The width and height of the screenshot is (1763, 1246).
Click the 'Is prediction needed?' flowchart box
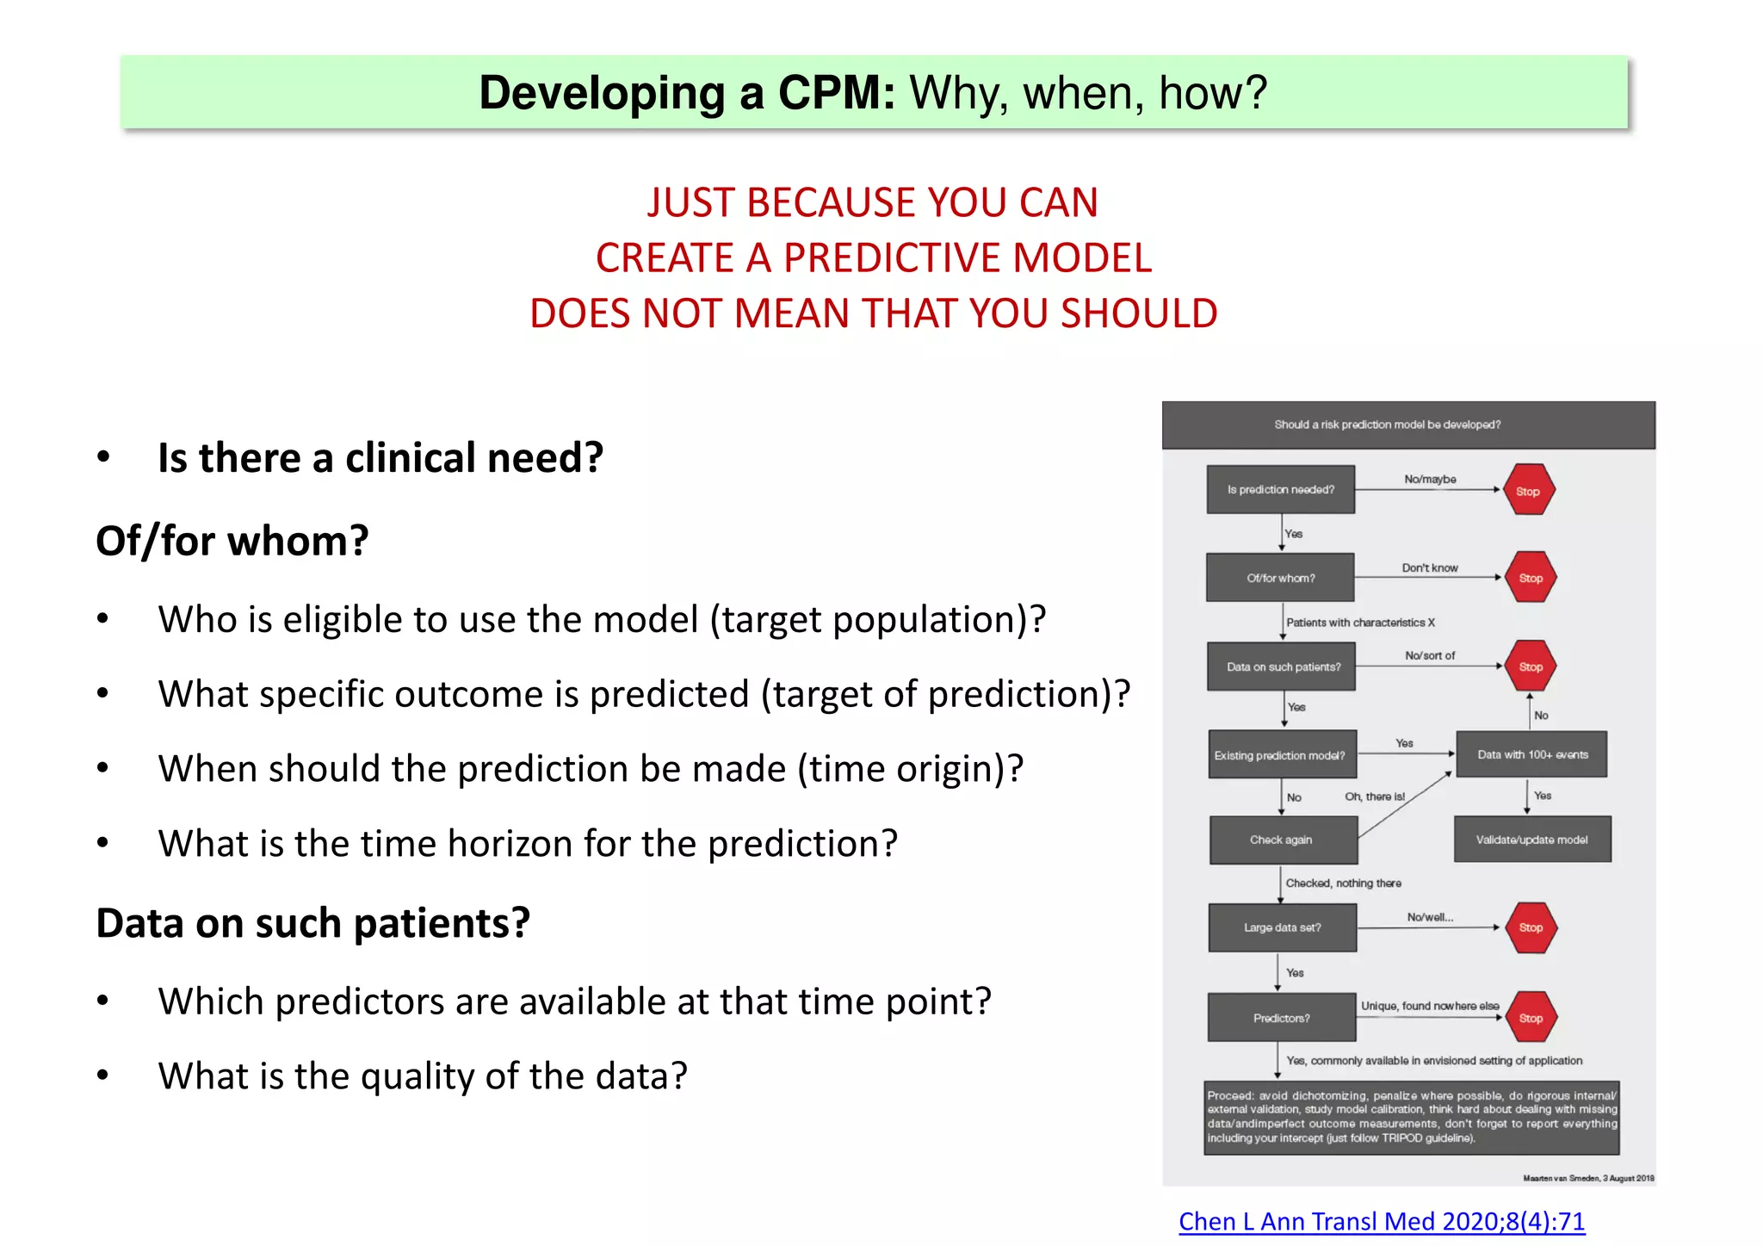pos(1280,489)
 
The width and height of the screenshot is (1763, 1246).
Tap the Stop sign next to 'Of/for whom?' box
pos(1530,578)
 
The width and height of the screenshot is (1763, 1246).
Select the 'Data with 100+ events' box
pos(1531,754)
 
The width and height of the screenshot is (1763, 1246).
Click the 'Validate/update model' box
pos(1531,840)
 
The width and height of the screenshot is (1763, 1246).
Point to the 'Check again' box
pos(1282,840)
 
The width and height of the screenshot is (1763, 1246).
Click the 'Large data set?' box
pos(1282,927)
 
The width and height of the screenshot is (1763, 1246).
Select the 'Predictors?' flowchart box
pos(1281,1018)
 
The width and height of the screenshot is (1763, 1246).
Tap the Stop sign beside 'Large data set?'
pos(1531,927)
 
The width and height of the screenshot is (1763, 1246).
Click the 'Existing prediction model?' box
pos(1281,755)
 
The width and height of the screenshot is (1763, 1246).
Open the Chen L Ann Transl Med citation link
pos(1381,1221)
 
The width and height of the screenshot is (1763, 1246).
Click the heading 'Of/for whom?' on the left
pos(232,542)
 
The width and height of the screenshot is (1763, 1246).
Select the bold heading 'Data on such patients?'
pos(312,923)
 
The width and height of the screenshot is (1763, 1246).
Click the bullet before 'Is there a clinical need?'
pos(103,457)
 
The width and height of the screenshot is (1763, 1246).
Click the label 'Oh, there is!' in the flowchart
pos(1374,797)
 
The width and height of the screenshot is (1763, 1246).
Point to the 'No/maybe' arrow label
pos(1430,479)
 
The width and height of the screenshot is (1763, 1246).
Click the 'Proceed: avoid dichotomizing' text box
pos(1411,1117)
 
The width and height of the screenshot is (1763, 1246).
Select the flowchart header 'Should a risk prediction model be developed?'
pos(1387,425)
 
